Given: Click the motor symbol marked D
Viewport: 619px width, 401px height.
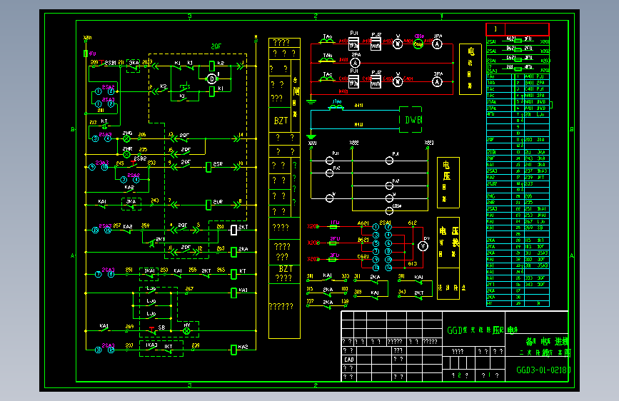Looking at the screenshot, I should pyautogui.click(x=211, y=78).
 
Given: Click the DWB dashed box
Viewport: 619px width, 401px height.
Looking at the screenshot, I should pyautogui.click(x=411, y=120).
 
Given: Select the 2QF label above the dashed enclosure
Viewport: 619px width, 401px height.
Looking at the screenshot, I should pyautogui.click(x=216, y=47).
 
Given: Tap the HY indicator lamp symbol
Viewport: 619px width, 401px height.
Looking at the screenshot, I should pyautogui.click(x=188, y=331).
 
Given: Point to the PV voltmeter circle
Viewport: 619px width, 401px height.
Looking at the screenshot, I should pyautogui.click(x=422, y=245).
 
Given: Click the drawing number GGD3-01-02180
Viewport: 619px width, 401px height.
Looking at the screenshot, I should pyautogui.click(x=543, y=370).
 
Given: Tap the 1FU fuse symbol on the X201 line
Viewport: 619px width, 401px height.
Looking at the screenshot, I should pyautogui.click(x=333, y=226).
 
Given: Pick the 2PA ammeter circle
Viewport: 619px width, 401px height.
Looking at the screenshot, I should pyautogui.click(x=355, y=63).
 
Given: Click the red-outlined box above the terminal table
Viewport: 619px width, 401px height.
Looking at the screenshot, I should pyautogui.click(x=518, y=29).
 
